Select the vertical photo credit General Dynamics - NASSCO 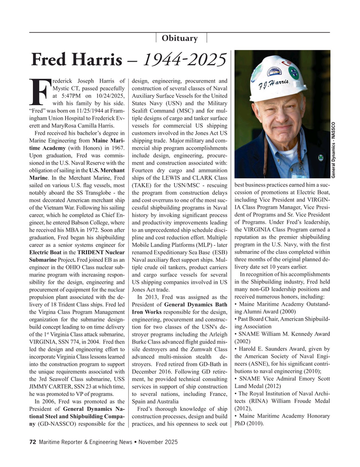click(354, 144)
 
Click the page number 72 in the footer click(32, 442)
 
